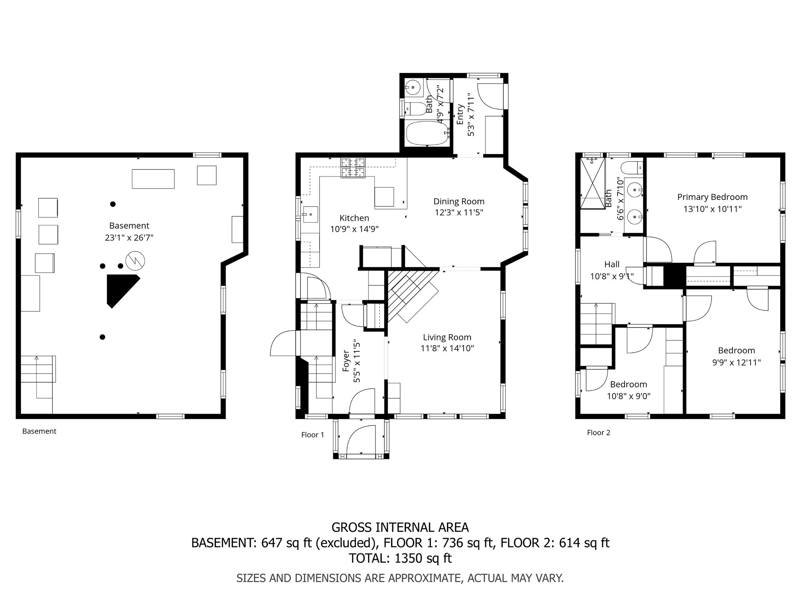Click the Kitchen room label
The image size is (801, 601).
354,218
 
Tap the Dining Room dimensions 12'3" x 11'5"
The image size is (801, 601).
459,212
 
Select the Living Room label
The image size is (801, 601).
447,337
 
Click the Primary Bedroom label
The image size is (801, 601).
712,197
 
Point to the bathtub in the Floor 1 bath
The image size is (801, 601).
427,133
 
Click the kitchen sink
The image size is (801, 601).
309,214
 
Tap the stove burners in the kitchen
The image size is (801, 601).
353,167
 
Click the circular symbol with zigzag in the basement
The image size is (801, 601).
135,261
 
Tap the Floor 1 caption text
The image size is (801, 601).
312,435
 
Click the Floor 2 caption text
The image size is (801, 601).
598,432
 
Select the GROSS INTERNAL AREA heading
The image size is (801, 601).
400,527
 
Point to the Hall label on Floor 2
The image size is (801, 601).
612,264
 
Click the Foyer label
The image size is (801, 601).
346,360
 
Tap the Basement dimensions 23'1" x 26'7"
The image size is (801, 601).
129,238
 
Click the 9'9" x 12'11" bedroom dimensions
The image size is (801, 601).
736,362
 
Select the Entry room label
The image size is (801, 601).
460,114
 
